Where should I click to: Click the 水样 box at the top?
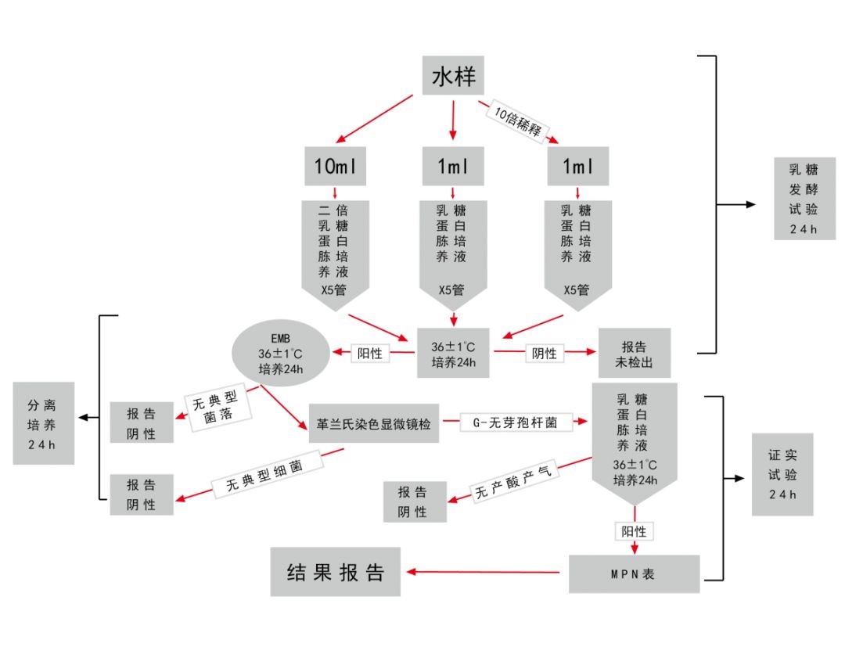(453, 77)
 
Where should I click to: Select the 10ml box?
(335, 166)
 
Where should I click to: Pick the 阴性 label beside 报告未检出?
(544, 353)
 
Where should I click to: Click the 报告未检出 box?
(634, 354)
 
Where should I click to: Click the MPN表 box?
(634, 574)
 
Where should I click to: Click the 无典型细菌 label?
(267, 475)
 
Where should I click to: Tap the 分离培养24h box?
(44, 423)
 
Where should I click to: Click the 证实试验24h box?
(782, 475)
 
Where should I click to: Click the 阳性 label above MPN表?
(634, 531)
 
